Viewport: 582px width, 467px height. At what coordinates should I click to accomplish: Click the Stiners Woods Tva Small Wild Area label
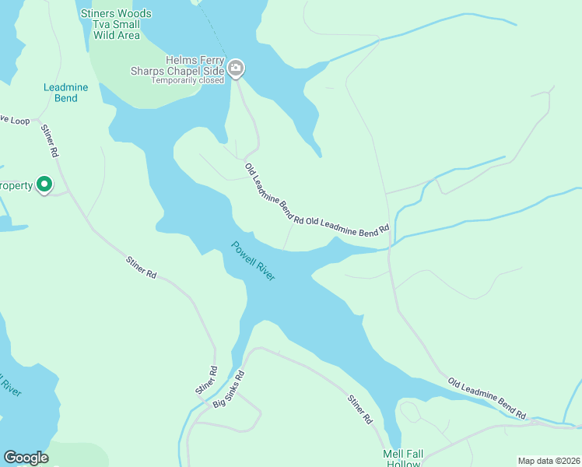[x=116, y=24]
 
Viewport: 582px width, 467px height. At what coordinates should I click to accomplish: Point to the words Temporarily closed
[x=188, y=80]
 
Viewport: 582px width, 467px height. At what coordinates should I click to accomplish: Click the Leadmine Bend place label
[x=65, y=93]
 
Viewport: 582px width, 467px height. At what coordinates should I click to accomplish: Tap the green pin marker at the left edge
[x=45, y=184]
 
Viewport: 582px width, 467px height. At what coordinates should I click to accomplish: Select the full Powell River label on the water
[x=254, y=261]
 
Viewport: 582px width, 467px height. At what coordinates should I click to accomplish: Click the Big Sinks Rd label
[x=229, y=388]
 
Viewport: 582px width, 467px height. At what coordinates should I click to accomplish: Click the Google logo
[x=26, y=458]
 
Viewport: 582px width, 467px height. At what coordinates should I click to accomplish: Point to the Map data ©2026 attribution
[x=549, y=460]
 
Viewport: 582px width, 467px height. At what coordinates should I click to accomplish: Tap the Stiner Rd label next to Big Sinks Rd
[x=206, y=380]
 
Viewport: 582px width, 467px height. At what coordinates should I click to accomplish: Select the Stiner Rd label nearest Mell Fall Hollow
[x=359, y=409]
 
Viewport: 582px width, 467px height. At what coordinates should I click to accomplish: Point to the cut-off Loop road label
[x=14, y=121]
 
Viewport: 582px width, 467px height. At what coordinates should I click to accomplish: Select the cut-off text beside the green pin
[x=16, y=185]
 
